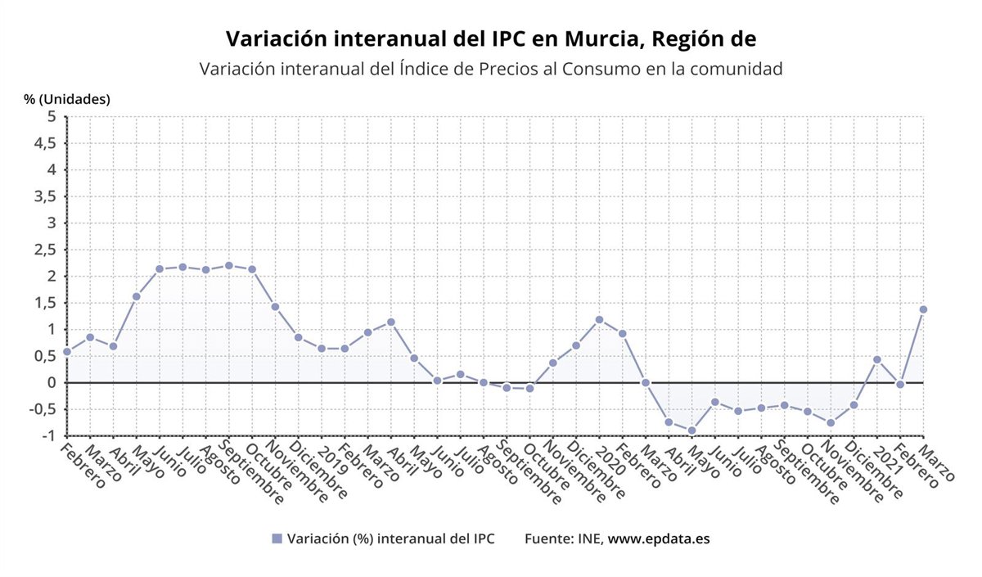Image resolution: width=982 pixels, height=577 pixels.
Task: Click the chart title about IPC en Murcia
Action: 491,38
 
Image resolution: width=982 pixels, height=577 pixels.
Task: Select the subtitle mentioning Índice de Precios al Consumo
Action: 491,69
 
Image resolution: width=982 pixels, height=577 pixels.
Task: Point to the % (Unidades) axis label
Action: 66,99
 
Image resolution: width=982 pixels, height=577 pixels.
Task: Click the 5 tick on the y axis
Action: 52,117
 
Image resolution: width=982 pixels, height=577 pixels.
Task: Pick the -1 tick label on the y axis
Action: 49,436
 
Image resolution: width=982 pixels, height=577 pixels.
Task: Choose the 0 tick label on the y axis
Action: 52,383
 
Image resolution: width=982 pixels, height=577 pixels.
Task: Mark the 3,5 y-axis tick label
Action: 45,196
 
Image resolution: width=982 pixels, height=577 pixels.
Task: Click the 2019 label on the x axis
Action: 332,458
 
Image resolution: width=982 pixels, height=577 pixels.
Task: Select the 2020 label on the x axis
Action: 610,458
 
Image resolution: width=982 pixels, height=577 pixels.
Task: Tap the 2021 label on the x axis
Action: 887,458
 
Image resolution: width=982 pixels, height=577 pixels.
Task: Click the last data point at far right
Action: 923,309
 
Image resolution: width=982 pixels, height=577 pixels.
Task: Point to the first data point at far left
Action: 67,352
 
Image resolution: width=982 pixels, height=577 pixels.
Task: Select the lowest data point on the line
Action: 691,430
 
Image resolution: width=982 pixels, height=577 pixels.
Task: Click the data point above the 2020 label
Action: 599,319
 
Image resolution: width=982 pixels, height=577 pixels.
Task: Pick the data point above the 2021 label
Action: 876,359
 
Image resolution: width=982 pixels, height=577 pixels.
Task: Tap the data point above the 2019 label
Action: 322,349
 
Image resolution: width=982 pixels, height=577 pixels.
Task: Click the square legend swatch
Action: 277,539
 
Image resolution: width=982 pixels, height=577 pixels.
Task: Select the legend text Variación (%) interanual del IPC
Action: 391,539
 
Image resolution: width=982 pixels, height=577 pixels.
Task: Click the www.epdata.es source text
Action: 659,539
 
